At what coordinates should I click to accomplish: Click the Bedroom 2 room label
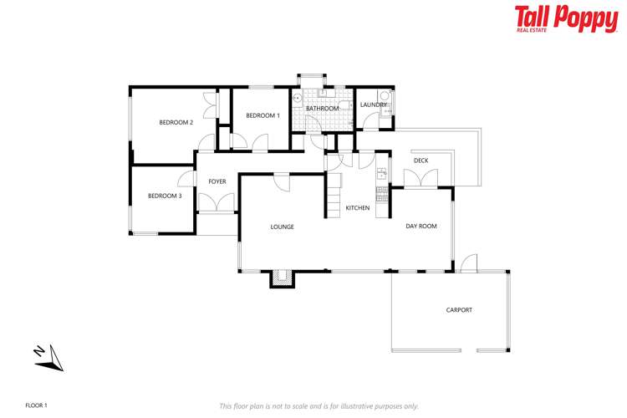[176, 123]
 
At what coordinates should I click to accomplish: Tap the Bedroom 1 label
[263, 115]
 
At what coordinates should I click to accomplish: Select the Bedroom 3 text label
[165, 196]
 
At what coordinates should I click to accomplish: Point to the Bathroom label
[322, 109]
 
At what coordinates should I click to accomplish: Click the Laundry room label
[373, 104]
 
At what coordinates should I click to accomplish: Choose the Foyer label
[217, 181]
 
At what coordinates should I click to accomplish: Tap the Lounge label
[282, 227]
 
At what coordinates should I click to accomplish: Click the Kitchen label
[358, 207]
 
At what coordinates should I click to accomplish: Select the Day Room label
[421, 226]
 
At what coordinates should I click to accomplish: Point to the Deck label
[421, 161]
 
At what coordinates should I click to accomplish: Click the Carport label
[459, 310]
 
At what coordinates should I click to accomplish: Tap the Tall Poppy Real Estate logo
[565, 18]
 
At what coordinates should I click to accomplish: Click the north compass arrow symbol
[49, 357]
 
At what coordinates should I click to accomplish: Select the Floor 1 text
[37, 405]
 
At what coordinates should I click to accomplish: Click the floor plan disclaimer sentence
[319, 405]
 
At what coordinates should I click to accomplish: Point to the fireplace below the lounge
[283, 278]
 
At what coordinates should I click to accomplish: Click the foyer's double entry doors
[217, 202]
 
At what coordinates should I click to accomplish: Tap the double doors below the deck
[421, 179]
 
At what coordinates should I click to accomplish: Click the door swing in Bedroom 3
[186, 178]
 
